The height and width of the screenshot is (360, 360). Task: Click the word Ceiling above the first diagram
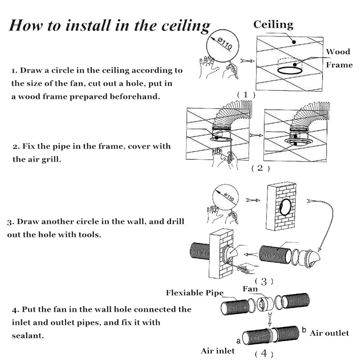coord(273,25)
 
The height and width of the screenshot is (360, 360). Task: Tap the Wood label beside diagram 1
coord(337,52)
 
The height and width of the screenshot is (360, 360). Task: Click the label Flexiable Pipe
coord(194,293)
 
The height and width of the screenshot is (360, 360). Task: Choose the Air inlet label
coord(218,350)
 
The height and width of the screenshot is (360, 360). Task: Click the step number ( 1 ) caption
coord(246,94)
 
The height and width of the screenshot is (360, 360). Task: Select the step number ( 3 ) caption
coord(264,282)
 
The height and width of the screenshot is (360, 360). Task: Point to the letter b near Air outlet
coord(304,330)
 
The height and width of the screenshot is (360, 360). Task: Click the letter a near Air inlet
coord(238,341)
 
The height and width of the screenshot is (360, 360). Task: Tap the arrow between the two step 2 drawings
coord(255,134)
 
